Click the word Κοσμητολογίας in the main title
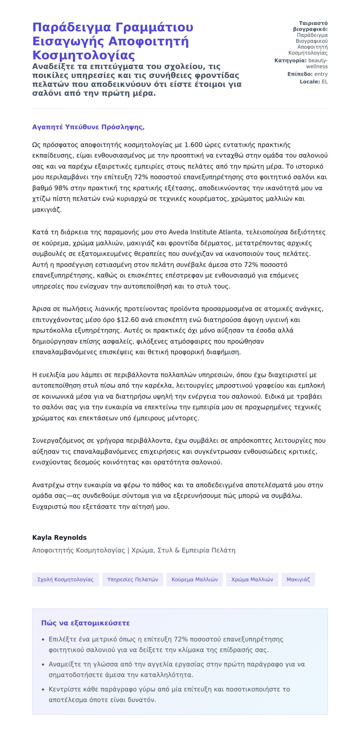83,56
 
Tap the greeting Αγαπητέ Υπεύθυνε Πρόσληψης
88,127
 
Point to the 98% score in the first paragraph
61,188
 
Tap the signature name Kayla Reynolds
59,538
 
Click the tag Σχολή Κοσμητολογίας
65,580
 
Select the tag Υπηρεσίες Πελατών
133,580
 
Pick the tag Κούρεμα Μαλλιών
194,580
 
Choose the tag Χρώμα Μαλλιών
252,580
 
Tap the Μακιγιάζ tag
298,580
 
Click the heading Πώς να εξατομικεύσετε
85,623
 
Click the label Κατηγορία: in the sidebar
290,61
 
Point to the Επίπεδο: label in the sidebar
300,74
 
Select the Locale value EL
325,82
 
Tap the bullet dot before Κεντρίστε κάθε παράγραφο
43,690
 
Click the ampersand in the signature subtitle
177,550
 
